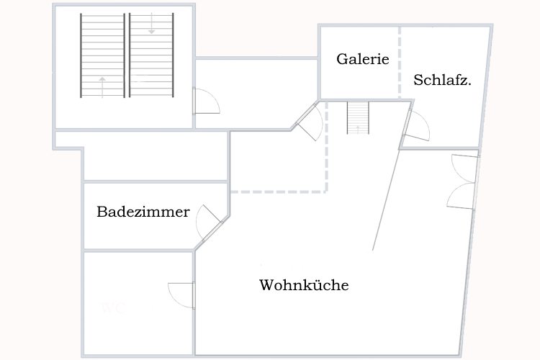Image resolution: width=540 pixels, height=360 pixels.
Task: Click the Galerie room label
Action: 363,60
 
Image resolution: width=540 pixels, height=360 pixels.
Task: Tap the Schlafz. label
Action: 443,81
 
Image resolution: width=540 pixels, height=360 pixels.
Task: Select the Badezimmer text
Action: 143,212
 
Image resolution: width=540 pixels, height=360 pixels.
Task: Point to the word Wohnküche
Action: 304,285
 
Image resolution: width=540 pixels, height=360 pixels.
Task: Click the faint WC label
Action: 114,309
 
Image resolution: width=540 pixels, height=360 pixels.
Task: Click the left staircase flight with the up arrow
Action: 102,55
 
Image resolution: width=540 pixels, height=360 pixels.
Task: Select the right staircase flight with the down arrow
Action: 151,55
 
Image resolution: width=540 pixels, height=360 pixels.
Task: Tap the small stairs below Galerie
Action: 358,118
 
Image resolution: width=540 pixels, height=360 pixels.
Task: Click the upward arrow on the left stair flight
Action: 102,86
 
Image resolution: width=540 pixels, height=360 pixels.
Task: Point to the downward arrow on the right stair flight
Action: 151,26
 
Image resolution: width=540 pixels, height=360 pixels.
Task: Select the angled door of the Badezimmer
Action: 210,222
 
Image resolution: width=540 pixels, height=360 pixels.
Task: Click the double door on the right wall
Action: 463,181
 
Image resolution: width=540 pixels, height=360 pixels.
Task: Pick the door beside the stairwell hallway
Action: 207,101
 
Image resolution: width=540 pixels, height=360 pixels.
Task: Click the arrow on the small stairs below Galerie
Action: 358,128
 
